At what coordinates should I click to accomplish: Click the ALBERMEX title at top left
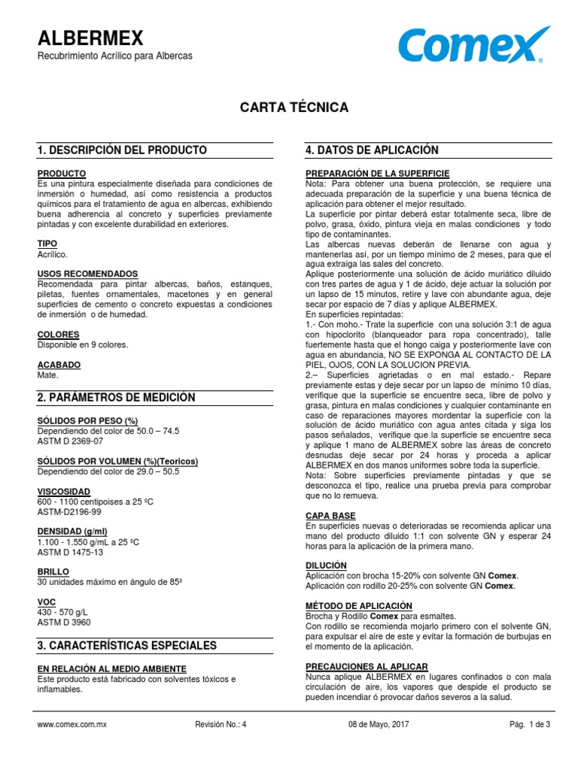tap(90, 38)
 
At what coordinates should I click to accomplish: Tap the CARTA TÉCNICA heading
tap(294, 108)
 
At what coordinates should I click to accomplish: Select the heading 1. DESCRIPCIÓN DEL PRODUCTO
tap(122, 150)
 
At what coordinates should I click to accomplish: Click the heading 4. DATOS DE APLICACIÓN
tap(372, 150)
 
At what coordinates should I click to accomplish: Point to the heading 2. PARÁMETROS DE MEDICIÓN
tap(116, 397)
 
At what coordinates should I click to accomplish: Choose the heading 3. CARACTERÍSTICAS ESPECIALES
tap(126, 645)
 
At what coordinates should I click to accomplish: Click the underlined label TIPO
tap(47, 244)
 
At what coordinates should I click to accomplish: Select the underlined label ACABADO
tap(59, 365)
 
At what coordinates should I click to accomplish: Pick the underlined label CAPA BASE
tap(330, 515)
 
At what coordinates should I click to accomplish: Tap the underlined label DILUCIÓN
tap(326, 565)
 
